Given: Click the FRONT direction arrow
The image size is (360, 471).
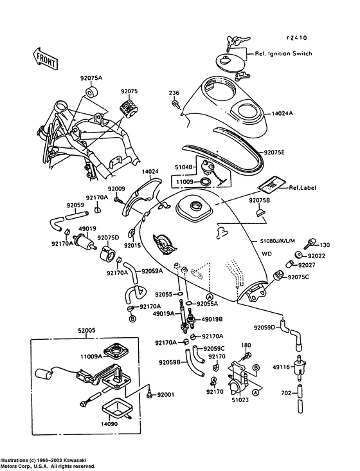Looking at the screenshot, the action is tap(45, 59).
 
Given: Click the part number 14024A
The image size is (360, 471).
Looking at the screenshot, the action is tap(282, 113).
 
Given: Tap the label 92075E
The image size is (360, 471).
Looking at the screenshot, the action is tap(274, 152).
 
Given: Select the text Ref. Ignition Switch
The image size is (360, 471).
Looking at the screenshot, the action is tap(283, 53).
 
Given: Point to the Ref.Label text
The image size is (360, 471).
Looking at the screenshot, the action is tap(302, 188).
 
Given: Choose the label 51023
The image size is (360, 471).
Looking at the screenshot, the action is tap(240, 400).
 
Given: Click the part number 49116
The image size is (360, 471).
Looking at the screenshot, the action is tap(281, 367).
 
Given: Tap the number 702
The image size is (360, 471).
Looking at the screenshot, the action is tap(286, 392).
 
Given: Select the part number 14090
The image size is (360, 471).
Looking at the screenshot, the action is tap(109, 425).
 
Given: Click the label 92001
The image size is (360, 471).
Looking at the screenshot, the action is tap(166, 394).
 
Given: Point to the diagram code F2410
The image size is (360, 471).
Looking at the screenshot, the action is tap(297, 38).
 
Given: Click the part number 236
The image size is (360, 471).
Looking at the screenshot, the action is tap(174, 93).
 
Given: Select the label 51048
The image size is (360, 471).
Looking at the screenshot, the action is tap(184, 167).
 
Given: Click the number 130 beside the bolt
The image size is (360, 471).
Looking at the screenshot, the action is tap(325, 245).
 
